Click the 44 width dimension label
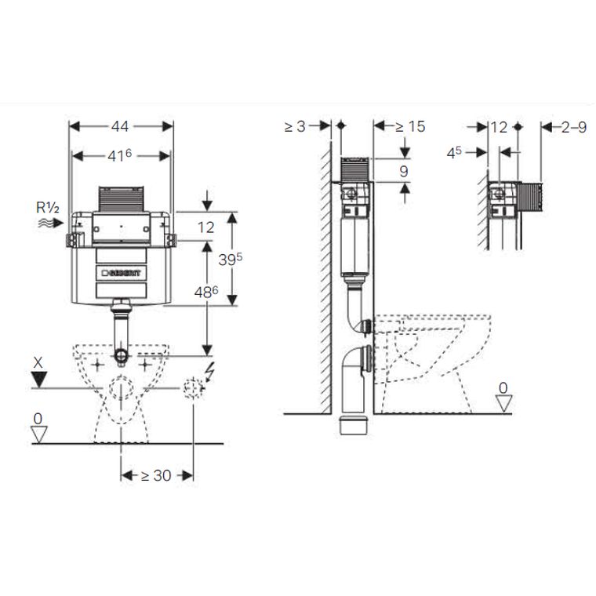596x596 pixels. click(x=120, y=126)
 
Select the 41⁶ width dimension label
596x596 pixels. click(x=119, y=155)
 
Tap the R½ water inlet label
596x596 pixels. click(x=48, y=208)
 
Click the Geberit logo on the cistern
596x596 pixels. click(x=121, y=273)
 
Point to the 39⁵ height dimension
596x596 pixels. click(x=230, y=260)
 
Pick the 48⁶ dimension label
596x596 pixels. click(x=206, y=292)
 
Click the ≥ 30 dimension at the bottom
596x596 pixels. click(x=156, y=475)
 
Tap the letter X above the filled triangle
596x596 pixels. click(x=38, y=363)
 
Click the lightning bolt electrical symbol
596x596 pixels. click(x=209, y=372)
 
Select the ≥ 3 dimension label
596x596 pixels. click(x=295, y=126)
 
